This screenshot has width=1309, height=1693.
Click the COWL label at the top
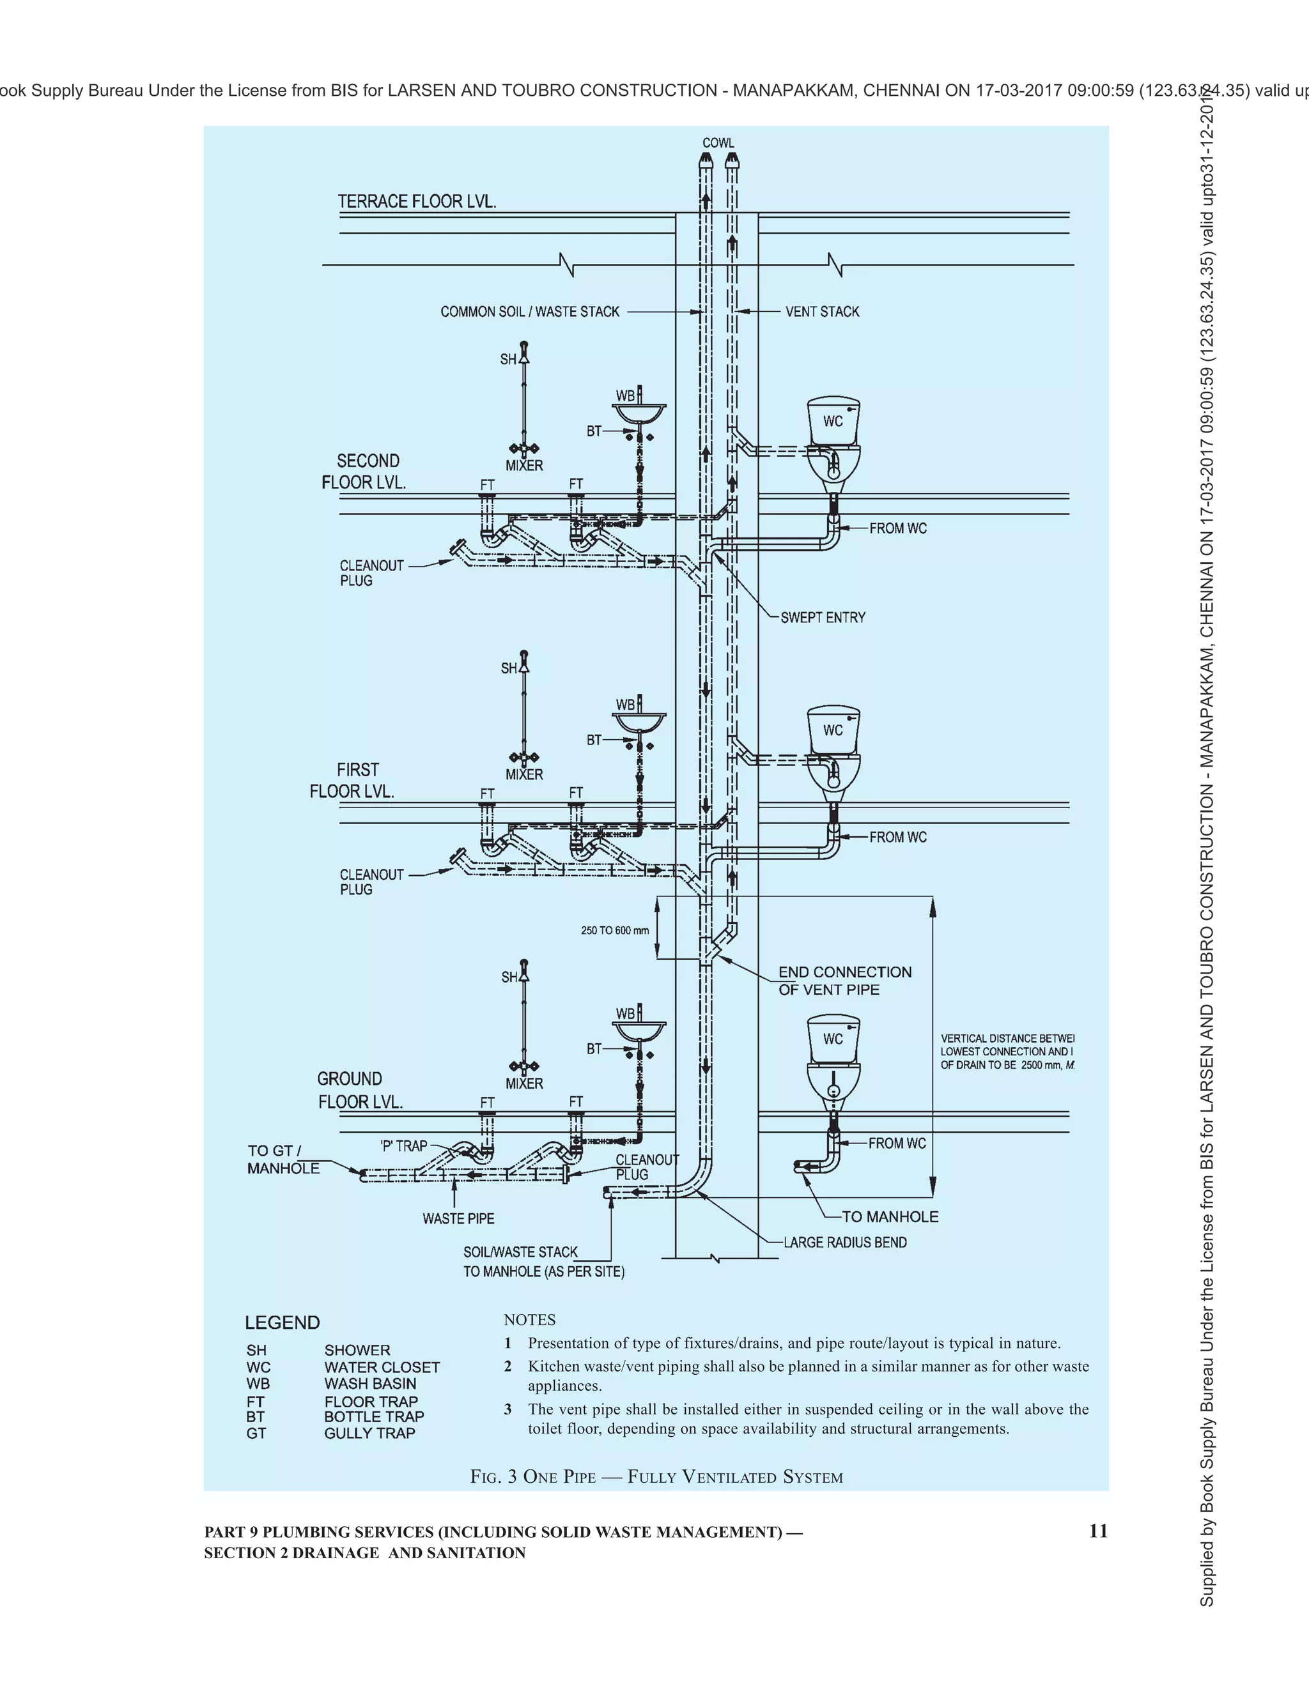click(717, 142)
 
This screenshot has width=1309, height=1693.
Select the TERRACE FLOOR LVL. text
click(417, 201)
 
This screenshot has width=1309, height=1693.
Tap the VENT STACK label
click(822, 312)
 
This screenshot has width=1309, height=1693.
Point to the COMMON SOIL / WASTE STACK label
click(530, 312)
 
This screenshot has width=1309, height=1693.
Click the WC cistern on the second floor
click(833, 421)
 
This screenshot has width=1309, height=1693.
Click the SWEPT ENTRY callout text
click(822, 618)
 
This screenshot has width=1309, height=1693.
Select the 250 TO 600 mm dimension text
click(614, 930)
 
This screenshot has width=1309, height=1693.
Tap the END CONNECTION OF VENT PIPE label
click(844, 981)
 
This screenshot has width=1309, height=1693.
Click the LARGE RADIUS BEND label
click(844, 1243)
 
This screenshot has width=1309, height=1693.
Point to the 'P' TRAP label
click(404, 1145)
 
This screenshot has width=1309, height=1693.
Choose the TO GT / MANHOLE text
click(283, 1160)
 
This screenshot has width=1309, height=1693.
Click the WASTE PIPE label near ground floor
click(458, 1218)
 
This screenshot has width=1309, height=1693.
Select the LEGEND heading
click(283, 1322)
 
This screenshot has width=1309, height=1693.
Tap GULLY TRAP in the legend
click(369, 1434)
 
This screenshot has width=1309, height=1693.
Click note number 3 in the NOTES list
click(508, 1409)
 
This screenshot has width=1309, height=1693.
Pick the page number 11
click(1098, 1530)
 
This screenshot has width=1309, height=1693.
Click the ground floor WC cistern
click(833, 1039)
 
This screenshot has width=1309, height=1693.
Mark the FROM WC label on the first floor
click(897, 837)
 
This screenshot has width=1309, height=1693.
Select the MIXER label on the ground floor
click(524, 1084)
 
